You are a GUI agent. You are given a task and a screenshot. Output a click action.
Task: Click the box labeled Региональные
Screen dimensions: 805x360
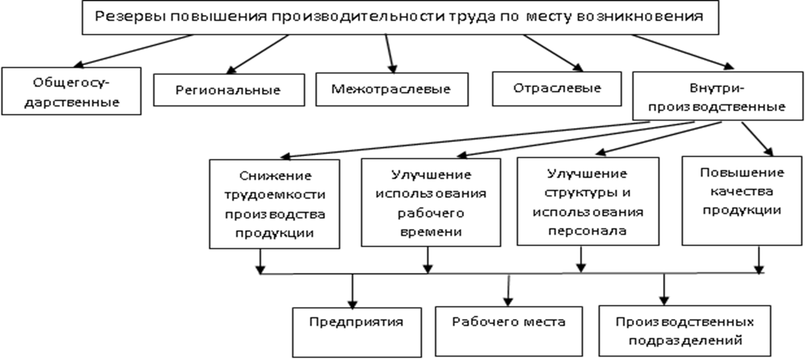click(229, 90)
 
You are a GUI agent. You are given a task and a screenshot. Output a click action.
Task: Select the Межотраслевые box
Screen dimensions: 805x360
click(392, 89)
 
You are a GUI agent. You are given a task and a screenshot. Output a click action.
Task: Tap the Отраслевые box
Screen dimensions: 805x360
click(557, 88)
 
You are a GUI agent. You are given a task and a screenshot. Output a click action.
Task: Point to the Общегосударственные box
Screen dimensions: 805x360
click(71, 91)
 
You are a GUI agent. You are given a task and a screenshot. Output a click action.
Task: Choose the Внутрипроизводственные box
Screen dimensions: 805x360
click(717, 96)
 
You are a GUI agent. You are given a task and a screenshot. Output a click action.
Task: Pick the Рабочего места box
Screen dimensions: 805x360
click(509, 331)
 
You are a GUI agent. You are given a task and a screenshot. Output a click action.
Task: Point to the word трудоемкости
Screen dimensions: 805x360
click(275, 195)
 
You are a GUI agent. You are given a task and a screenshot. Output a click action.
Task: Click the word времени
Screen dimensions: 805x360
click(431, 232)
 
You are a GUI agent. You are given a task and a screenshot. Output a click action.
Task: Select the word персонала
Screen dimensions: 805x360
click(587, 231)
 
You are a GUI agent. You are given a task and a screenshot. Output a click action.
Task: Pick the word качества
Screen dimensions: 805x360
click(742, 192)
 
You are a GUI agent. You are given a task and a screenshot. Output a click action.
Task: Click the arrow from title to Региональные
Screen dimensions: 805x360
click(258, 54)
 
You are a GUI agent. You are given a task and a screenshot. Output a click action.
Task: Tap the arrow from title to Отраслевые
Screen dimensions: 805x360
click(553, 53)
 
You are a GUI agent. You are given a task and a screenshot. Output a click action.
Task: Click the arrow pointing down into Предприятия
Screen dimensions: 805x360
click(353, 291)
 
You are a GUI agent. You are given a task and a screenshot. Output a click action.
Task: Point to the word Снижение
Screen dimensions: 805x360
click(275, 176)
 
